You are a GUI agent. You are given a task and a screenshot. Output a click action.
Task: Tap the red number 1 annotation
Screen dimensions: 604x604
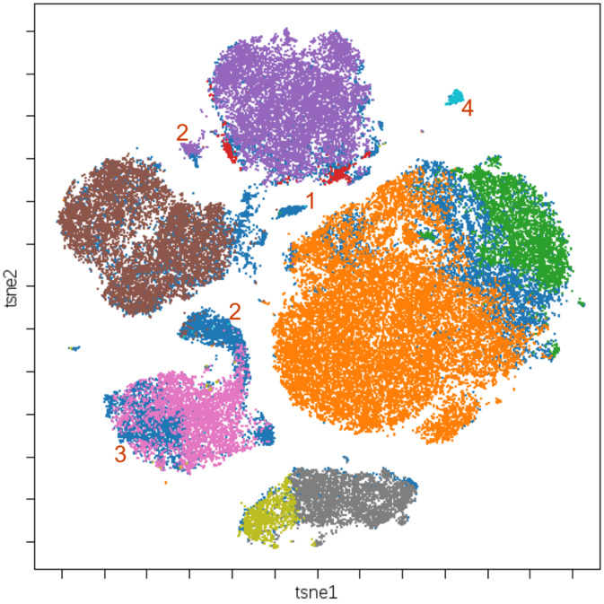click(x=311, y=200)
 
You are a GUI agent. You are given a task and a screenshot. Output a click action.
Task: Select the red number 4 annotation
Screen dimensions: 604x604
click(x=468, y=109)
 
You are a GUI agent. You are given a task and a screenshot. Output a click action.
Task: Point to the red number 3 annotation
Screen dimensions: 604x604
click(x=119, y=454)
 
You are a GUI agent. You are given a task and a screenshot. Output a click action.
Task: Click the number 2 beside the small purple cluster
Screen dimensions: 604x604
click(x=182, y=133)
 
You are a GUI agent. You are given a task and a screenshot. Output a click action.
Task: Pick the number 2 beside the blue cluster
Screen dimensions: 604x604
click(x=235, y=312)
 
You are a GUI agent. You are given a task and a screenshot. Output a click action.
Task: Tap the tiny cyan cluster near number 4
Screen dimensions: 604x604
click(x=456, y=97)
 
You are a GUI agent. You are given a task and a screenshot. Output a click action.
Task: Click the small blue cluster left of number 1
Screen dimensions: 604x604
click(x=291, y=212)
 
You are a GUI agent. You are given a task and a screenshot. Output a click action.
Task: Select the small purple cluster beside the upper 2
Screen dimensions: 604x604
click(x=190, y=150)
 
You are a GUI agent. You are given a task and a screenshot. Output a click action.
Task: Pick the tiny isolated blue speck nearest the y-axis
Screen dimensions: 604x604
click(x=74, y=347)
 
